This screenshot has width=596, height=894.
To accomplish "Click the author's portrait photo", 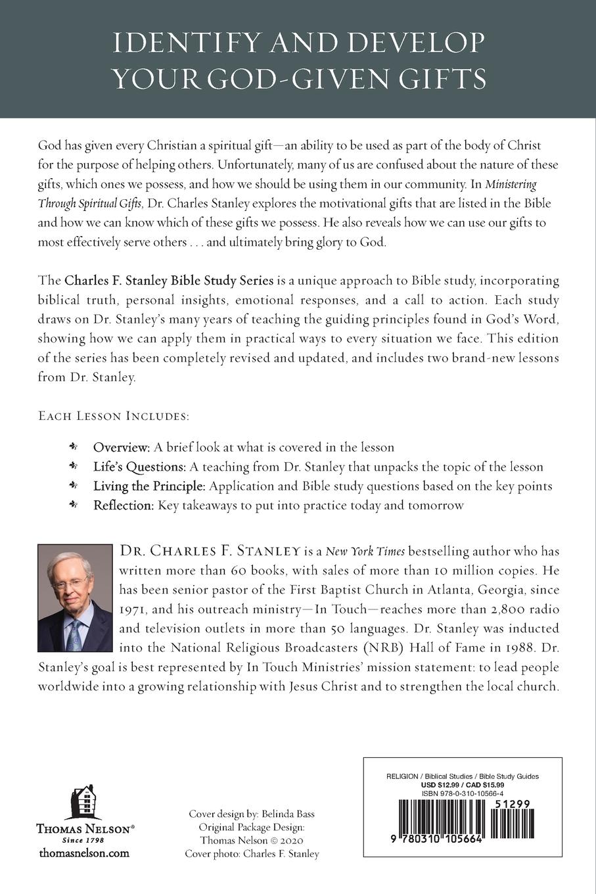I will [75, 598].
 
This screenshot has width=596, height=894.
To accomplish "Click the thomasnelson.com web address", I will [84, 853].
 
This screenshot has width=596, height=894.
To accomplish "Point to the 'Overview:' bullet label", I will [122, 448].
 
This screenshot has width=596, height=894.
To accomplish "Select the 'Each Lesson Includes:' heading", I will [114, 416].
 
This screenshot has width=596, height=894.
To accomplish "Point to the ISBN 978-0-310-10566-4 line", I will [463, 793].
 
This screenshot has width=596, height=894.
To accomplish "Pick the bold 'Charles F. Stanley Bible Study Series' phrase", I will [169, 281].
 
